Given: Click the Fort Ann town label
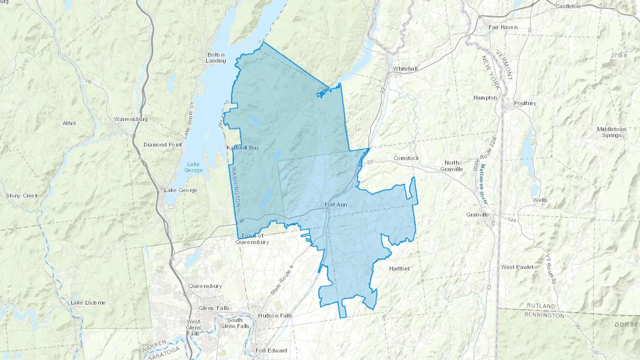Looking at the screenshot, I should (x=336, y=205).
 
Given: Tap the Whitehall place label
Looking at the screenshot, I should (x=405, y=69).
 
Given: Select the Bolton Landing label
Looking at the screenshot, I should (x=216, y=58).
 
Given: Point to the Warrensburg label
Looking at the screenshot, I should (x=130, y=119).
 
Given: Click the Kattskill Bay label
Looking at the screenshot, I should (x=243, y=147).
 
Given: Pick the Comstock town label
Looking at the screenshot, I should (x=406, y=158).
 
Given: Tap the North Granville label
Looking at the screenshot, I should (x=452, y=166).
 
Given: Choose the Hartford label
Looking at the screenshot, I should (x=399, y=269).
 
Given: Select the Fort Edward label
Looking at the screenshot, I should (x=271, y=350).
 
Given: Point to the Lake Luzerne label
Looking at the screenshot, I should (x=88, y=303).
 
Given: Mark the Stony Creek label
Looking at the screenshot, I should (x=22, y=196).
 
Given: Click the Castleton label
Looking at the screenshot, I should (x=568, y=6).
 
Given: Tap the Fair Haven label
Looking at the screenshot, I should (x=503, y=27).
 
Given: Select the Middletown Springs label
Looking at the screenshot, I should (x=612, y=132).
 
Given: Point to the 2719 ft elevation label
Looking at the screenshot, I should (x=619, y=56).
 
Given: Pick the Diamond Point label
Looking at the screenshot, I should (x=163, y=145).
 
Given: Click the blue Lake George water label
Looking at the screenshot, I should (x=193, y=167).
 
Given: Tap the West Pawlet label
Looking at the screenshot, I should (x=517, y=267).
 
